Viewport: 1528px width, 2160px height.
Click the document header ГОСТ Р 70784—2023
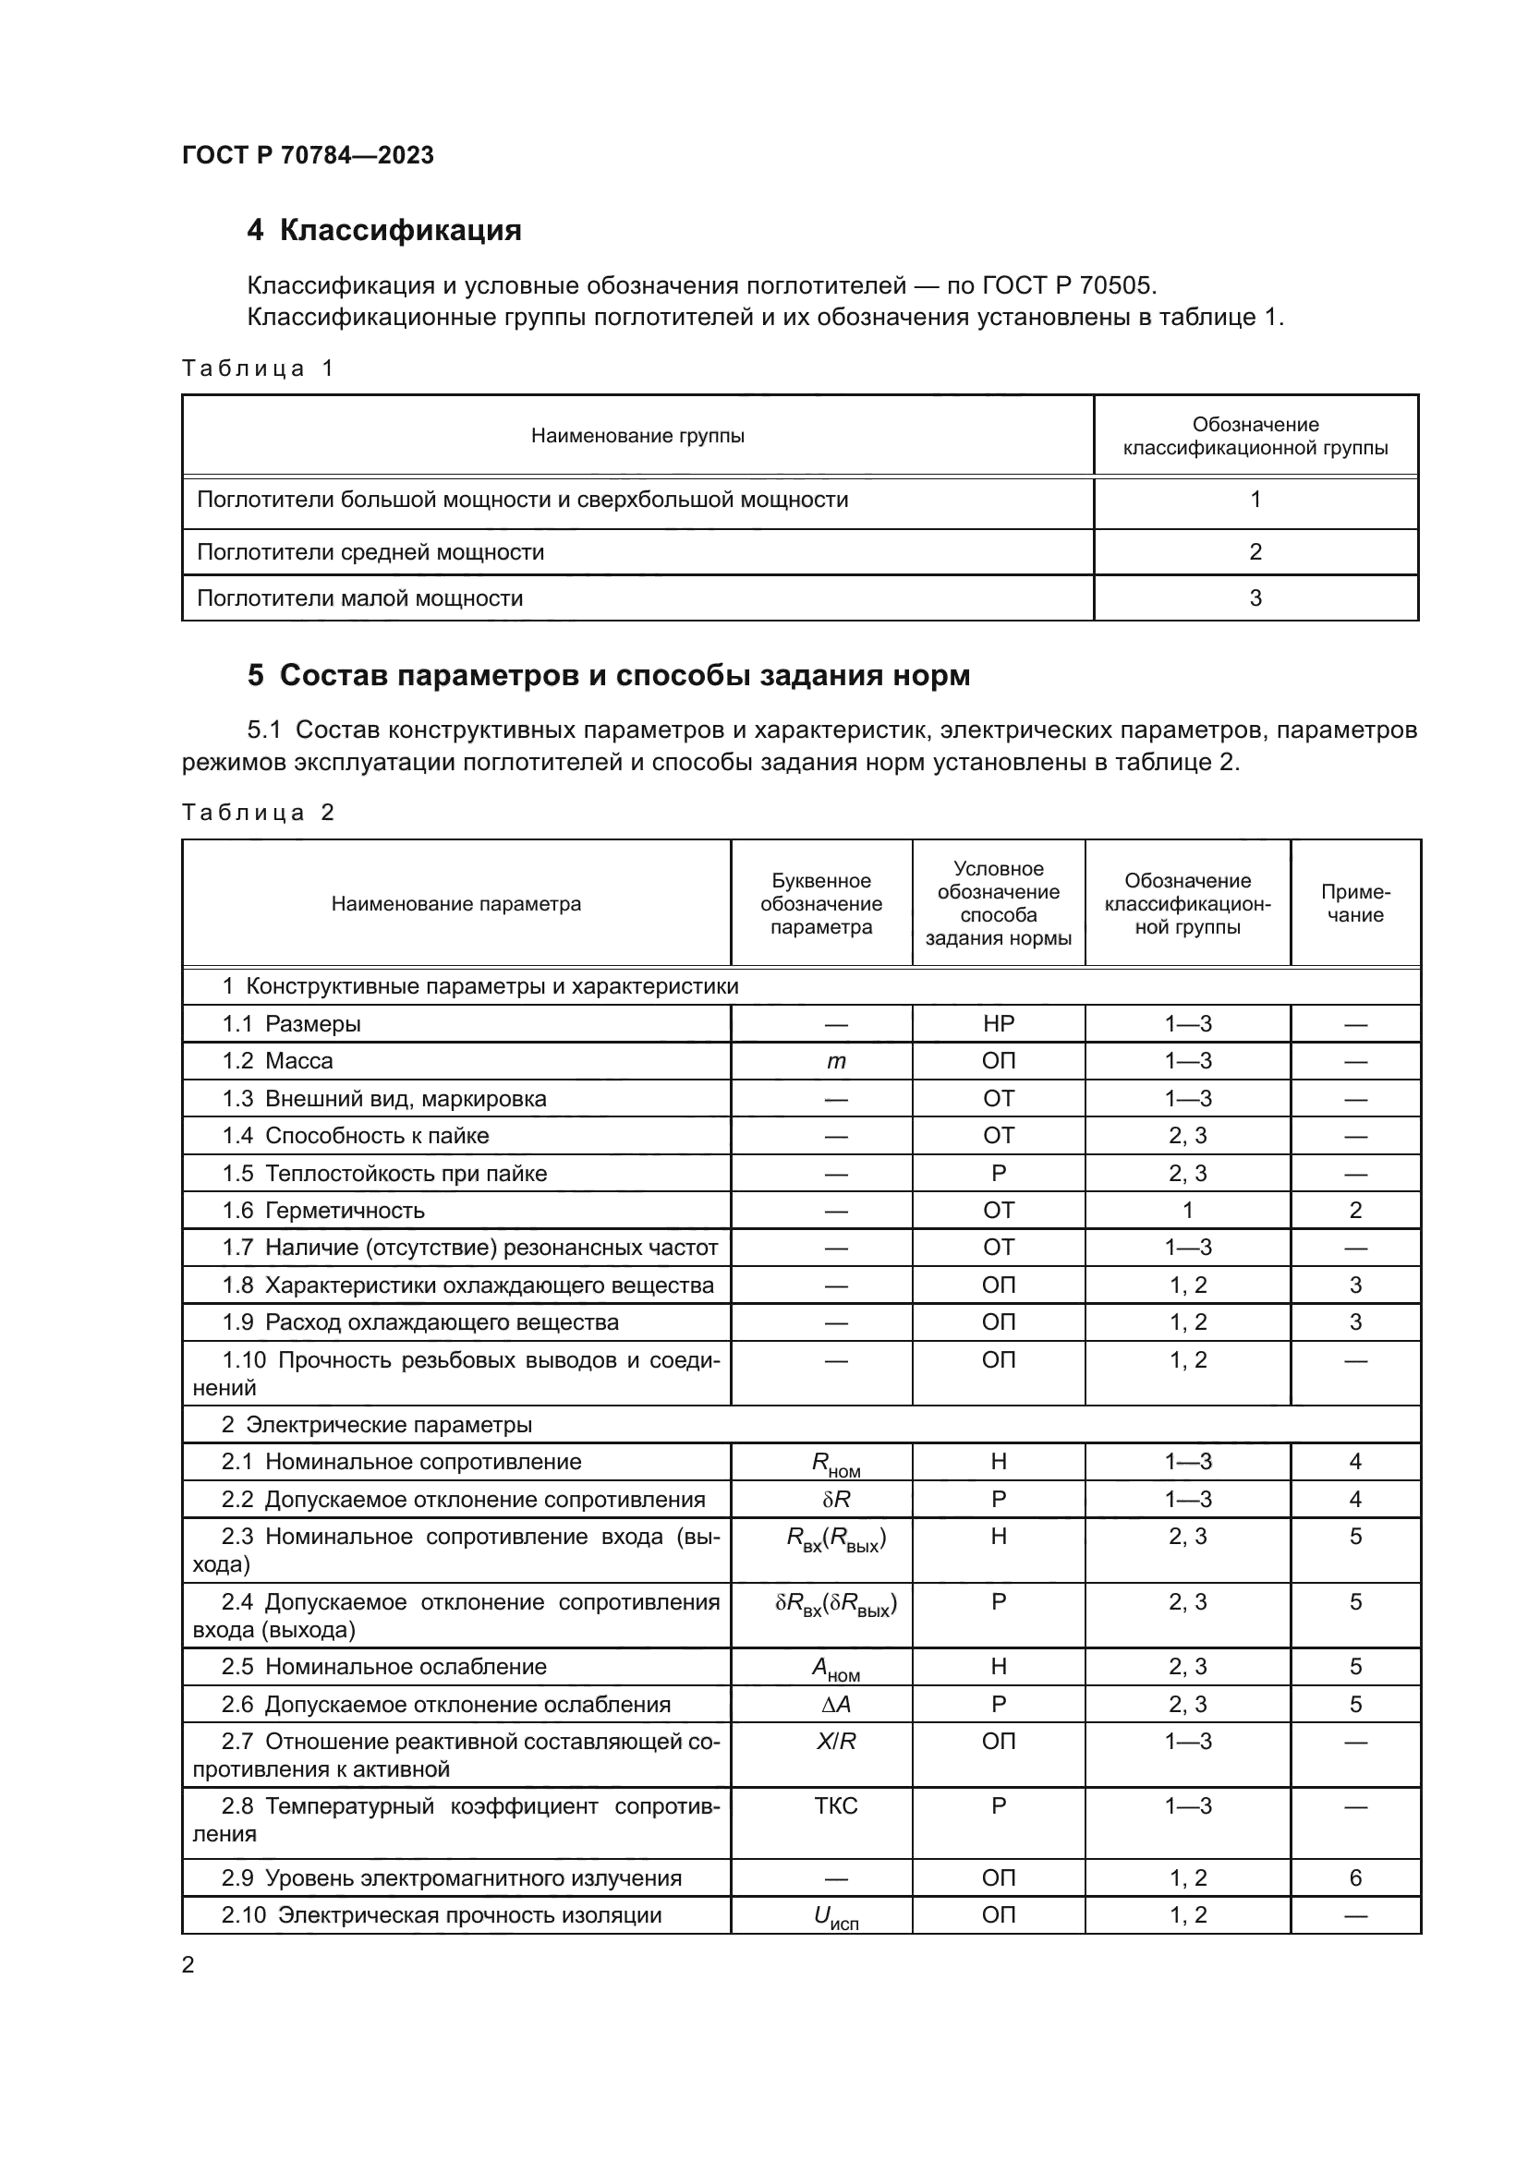pyautogui.click(x=308, y=155)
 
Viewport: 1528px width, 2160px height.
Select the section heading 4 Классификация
pyautogui.click(x=384, y=230)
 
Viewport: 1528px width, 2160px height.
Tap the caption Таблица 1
pyautogui.click(x=257, y=368)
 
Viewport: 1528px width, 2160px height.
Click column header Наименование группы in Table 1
pyautogui.click(x=637, y=436)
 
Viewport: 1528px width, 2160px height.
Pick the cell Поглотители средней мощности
pyautogui.click(x=370, y=552)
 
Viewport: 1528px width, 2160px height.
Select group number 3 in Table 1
pyautogui.click(x=1255, y=598)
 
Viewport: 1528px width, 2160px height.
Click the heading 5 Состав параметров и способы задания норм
pyautogui.click(x=608, y=675)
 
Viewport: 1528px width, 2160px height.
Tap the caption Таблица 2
pyautogui.click(x=257, y=813)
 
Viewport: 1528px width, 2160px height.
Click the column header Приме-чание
pyautogui.click(x=1355, y=903)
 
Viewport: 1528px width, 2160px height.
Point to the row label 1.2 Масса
pyautogui.click(x=276, y=1061)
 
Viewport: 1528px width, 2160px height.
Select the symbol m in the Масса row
pyautogui.click(x=835, y=1062)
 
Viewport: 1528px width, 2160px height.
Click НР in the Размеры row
pyautogui.click(x=999, y=1023)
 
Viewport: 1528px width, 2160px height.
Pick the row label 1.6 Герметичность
pyautogui.click(x=322, y=1211)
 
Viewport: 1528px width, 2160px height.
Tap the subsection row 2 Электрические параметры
pyautogui.click(x=376, y=1424)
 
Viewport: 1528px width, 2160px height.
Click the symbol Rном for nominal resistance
pyautogui.click(x=835, y=1464)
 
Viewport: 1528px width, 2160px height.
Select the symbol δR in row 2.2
pyautogui.click(x=835, y=1500)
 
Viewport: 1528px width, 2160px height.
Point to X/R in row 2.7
pyautogui.click(x=835, y=1742)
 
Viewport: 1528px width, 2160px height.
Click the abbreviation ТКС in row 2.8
pyautogui.click(x=835, y=1806)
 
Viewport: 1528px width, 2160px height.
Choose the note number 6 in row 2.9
pyautogui.click(x=1355, y=1878)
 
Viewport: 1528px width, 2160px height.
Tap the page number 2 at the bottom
pyautogui.click(x=188, y=1965)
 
